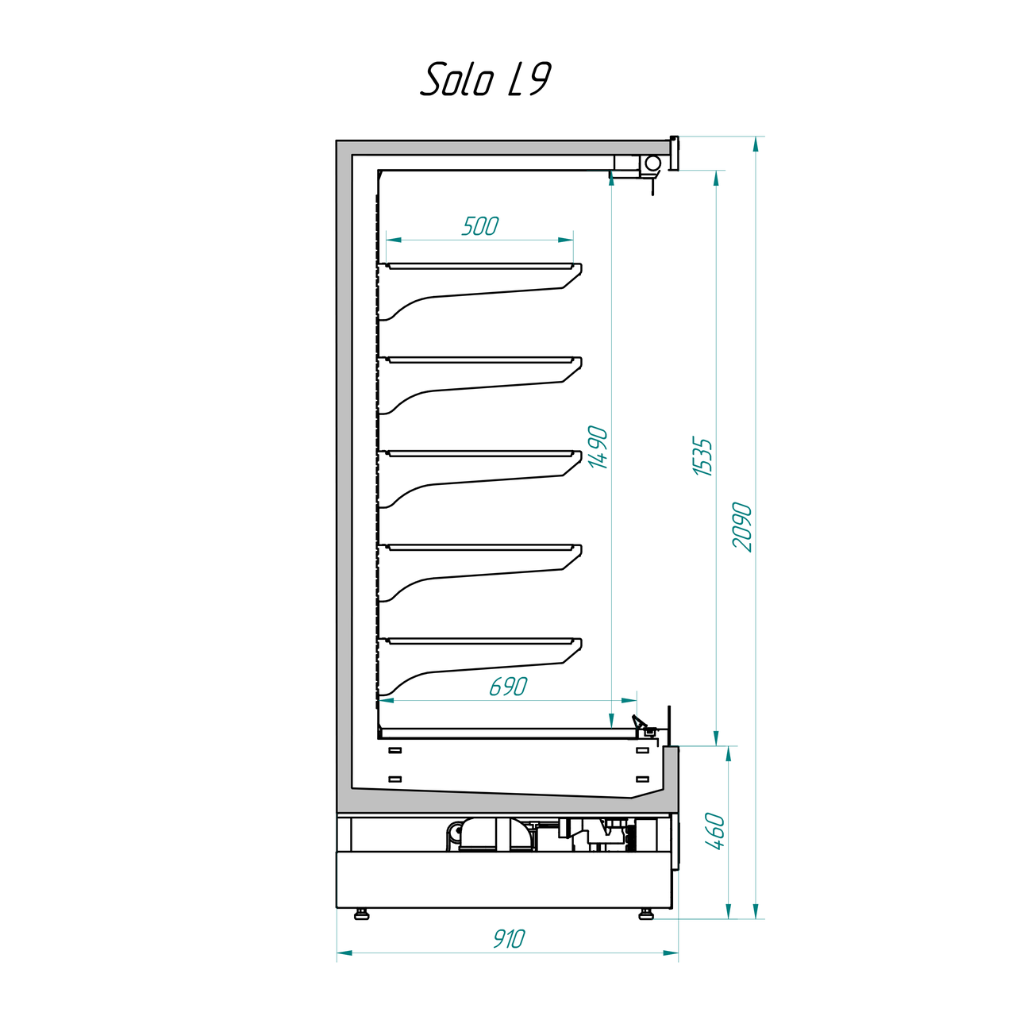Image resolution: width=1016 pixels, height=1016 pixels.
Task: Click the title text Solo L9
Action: click(485, 79)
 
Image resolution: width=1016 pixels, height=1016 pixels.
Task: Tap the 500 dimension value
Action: click(479, 226)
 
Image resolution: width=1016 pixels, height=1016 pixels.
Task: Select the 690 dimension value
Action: click(508, 687)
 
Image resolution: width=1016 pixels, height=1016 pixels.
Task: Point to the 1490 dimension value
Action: click(598, 447)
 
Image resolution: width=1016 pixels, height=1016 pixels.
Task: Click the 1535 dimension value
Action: click(702, 456)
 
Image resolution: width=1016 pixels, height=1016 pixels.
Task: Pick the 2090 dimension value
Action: click(742, 527)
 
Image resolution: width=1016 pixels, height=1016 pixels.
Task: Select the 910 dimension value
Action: click(509, 938)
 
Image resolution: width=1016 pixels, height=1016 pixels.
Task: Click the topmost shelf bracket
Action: click(479, 291)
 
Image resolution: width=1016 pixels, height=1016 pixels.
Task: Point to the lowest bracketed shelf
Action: click(479, 667)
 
